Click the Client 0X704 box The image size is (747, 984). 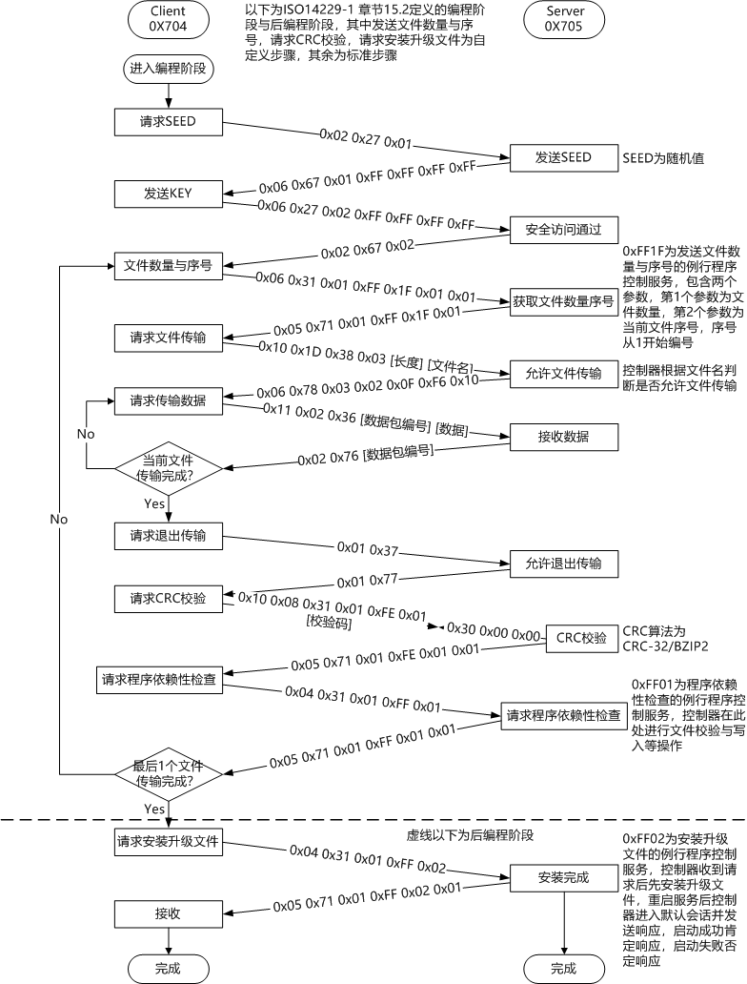(168, 20)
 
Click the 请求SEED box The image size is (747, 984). (168, 121)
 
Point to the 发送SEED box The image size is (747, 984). (563, 157)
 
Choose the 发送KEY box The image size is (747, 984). (168, 194)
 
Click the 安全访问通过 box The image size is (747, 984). (563, 229)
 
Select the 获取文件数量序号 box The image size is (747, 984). (563, 301)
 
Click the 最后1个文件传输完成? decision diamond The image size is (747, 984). (168, 773)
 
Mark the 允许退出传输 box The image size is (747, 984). (563, 563)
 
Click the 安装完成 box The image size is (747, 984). (563, 877)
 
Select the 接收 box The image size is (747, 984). (168, 912)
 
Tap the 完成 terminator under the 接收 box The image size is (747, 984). (168, 969)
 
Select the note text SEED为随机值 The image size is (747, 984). (663, 158)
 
